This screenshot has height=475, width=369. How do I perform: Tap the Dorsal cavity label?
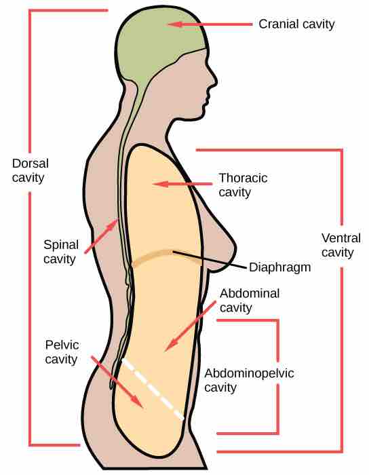coord(31,170)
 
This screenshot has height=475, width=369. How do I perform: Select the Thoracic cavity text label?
coord(243,185)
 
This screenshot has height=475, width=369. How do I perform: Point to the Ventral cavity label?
coord(341,245)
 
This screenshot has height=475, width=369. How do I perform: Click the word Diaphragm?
coord(280,268)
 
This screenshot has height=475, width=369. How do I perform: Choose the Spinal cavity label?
coord(61,252)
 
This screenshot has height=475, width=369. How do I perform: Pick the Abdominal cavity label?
coord(250,301)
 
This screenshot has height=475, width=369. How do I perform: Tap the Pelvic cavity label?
coord(62,352)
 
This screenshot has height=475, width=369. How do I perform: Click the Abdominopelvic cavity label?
coord(249,381)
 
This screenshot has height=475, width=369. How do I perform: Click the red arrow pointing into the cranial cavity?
coord(210,24)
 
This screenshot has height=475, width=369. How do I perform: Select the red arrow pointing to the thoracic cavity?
coord(182,184)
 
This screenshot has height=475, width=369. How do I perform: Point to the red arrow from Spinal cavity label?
coord(101,236)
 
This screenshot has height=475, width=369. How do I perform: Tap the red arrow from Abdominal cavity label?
coord(191,326)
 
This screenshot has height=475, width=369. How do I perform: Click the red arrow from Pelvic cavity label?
coord(117,382)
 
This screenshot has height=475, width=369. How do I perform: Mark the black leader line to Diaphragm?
coord(209,260)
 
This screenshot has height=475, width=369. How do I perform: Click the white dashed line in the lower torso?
coord(153,389)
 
